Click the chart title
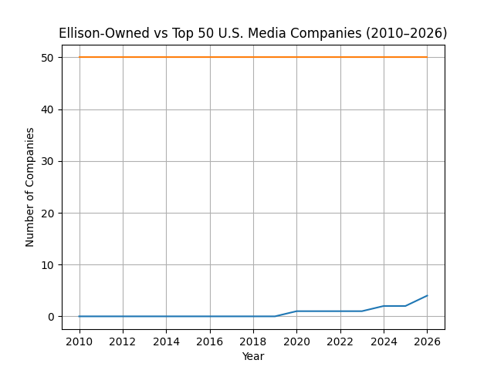pyautogui.click(x=253, y=33)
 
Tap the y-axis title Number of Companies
pyautogui.click(x=30, y=187)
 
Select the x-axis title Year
pyautogui.click(x=253, y=356)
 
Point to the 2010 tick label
pyautogui.click(x=79, y=341)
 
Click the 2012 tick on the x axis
pyautogui.click(x=123, y=341)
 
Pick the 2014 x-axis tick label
pyautogui.click(x=166, y=341)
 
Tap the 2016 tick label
pyautogui.click(x=210, y=341)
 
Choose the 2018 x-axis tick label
pyautogui.click(x=253, y=341)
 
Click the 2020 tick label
pyautogui.click(x=296, y=341)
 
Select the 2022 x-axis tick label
pyautogui.click(x=340, y=341)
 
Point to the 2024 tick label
pyautogui.click(x=384, y=341)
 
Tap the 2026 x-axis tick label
pyautogui.click(x=427, y=341)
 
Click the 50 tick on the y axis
pyautogui.click(x=48, y=57)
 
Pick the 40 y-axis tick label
pyautogui.click(x=48, y=109)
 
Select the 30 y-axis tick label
pyautogui.click(x=48, y=161)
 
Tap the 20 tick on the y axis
pyautogui.click(x=48, y=213)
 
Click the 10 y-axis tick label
pyautogui.click(x=48, y=265)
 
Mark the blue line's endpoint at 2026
pyautogui.click(x=427, y=295)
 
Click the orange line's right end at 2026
pyautogui.click(x=427, y=57)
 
